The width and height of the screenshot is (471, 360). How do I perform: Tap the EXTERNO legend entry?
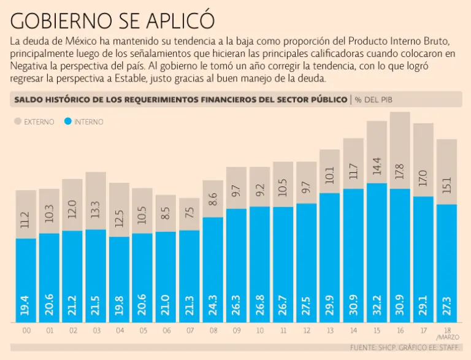34,121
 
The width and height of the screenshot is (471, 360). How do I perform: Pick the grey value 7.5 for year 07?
189,214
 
